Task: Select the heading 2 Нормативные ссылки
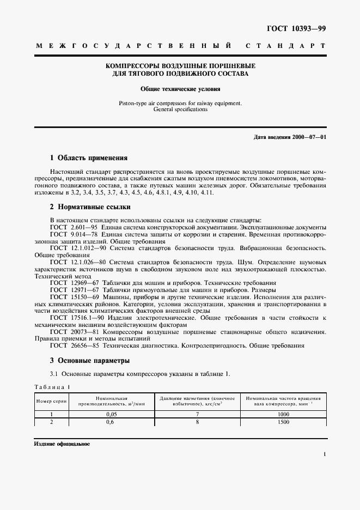[x=90, y=207]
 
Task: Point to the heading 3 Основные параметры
[x=89, y=361]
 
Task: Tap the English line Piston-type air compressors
[x=180, y=103]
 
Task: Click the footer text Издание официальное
[x=62, y=444]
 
